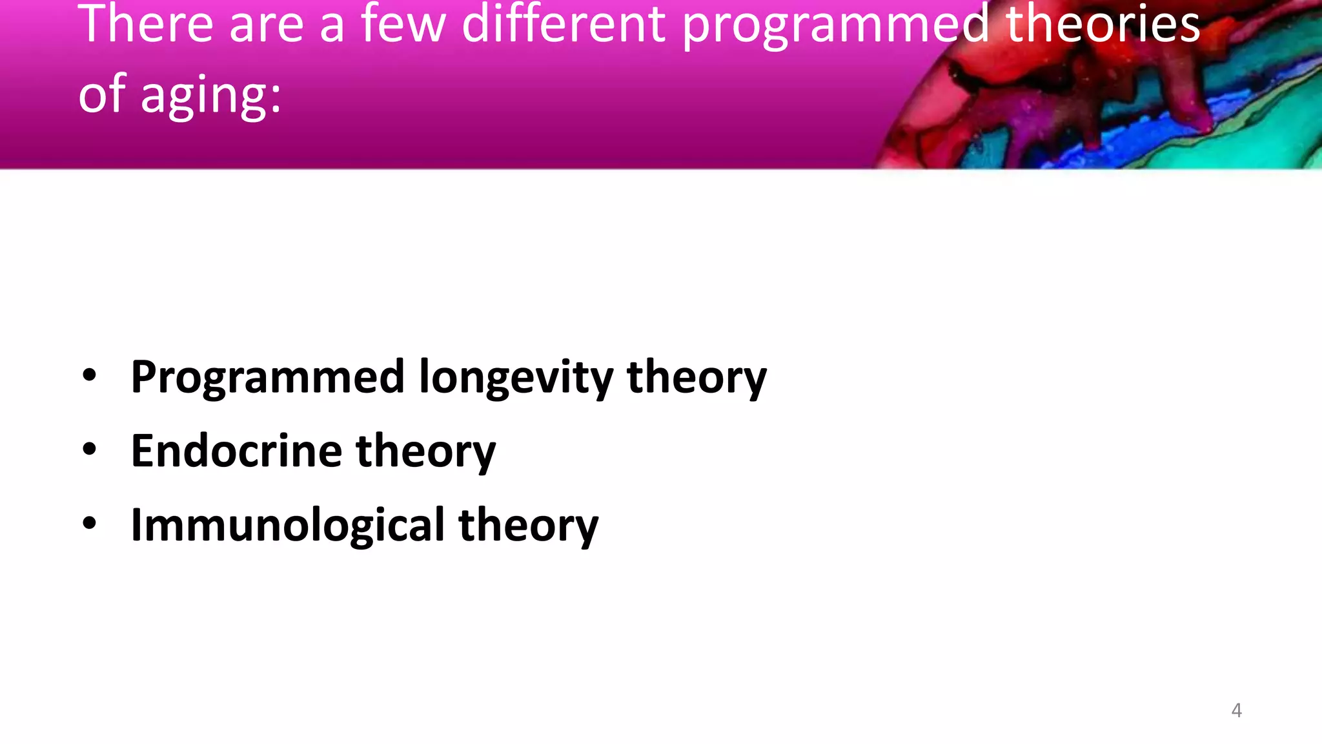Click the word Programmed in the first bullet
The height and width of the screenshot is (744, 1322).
tap(267, 377)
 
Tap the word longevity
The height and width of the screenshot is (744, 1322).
tap(516, 377)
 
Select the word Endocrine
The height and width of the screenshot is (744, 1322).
tap(236, 451)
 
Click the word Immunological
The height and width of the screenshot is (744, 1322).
tap(287, 525)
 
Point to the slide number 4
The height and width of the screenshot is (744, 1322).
tap(1236, 710)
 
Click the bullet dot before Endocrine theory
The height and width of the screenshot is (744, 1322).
tap(90, 450)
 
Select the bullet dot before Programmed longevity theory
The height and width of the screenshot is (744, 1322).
tap(90, 376)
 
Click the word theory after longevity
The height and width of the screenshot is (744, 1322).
tap(697, 377)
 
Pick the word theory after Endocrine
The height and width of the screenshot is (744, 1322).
tap(425, 451)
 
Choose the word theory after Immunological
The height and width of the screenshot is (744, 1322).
tap(528, 525)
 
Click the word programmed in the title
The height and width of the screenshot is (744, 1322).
tap(835, 26)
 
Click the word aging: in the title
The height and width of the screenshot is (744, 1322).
tap(211, 96)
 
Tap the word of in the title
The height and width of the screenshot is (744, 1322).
tap(101, 94)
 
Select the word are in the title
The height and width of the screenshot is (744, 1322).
tap(266, 26)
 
